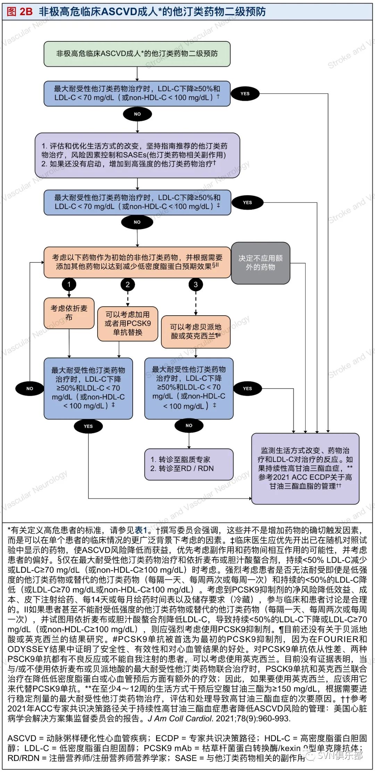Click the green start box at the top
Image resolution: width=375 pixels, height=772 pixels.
click(x=137, y=54)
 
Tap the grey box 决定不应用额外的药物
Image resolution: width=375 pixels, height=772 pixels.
click(x=260, y=263)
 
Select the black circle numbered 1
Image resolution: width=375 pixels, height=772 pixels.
click(x=69, y=285)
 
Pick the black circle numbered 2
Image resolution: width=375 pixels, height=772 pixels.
click(x=127, y=285)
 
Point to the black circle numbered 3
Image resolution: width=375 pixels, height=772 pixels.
click(x=195, y=285)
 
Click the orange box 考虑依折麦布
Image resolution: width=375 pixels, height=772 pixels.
click(x=69, y=313)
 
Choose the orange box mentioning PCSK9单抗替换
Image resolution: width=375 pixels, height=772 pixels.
click(x=127, y=324)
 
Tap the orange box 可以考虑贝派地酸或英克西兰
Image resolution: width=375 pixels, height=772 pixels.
click(x=195, y=332)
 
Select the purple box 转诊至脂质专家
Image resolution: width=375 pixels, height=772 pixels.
click(x=189, y=464)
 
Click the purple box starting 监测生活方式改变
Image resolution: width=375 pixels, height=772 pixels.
click(x=305, y=468)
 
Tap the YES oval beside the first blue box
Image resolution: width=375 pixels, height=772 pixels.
click(x=245, y=94)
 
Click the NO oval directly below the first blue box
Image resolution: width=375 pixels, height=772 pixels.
click(x=137, y=114)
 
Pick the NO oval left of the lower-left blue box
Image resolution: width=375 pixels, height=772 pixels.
click(x=30, y=388)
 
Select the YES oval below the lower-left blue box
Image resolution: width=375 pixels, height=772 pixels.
click(x=88, y=426)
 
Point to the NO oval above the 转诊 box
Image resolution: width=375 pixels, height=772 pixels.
click(x=189, y=425)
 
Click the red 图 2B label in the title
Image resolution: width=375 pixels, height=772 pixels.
click(x=20, y=12)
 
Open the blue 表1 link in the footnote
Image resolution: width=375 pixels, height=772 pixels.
click(x=141, y=530)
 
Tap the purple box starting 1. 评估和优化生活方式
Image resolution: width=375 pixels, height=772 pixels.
click(x=137, y=155)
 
